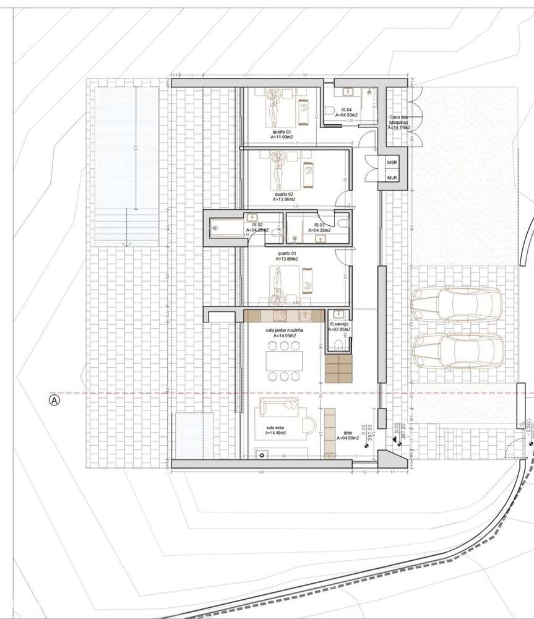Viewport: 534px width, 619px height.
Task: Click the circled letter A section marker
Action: coord(54,400)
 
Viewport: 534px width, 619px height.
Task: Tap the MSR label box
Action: coord(392,162)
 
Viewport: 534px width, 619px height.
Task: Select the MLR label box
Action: coord(392,178)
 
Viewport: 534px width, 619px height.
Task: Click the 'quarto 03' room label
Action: coord(282,132)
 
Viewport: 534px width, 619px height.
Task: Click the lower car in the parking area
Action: coord(458,350)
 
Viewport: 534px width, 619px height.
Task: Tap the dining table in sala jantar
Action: coord(283,361)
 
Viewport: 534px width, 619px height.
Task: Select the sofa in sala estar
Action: coord(279,407)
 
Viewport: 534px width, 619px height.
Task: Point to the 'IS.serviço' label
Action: coord(340,324)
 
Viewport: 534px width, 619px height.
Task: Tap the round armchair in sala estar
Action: coord(309,424)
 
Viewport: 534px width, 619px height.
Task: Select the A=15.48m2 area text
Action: coord(276,433)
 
